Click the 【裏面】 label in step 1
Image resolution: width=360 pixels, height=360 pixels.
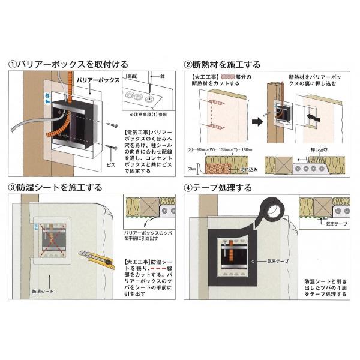(x=131, y=78)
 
